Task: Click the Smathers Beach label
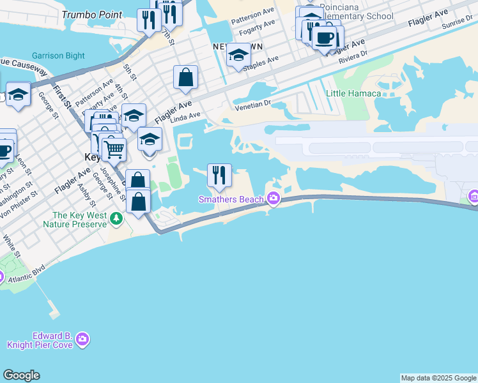pyautogui.click(x=231, y=199)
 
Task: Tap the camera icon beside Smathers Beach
pyautogui.click(x=274, y=199)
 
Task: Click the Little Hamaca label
pyautogui.click(x=353, y=93)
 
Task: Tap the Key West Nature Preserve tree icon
pyautogui.click(x=116, y=220)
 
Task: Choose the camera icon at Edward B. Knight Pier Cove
pyautogui.click(x=82, y=340)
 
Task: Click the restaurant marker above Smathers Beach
pyautogui.click(x=219, y=174)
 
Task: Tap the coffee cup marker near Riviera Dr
pyautogui.click(x=325, y=38)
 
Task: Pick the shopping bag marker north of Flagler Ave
pyautogui.click(x=185, y=78)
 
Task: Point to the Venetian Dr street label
pyautogui.click(x=253, y=105)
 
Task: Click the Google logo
pyautogui.click(x=21, y=375)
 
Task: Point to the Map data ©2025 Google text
pyautogui.click(x=438, y=378)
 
